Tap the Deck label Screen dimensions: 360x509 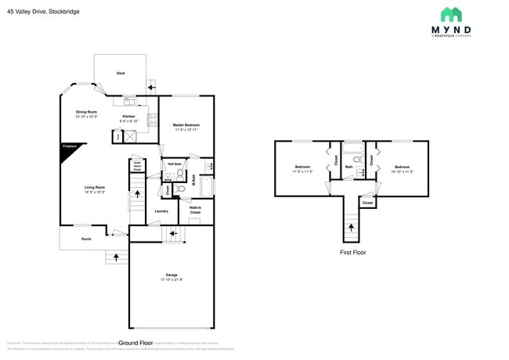tap(121, 74)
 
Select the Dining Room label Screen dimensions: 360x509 tap(86, 112)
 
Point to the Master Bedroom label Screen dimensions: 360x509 tap(186, 125)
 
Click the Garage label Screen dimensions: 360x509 tap(171, 275)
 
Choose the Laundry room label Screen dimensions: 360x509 tap(161, 211)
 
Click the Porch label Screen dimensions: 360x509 tap(86, 239)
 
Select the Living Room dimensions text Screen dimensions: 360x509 tap(95, 191)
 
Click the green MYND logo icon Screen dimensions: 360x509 tap(450, 15)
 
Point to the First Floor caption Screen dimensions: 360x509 tap(352, 253)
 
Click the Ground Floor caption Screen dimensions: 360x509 tap(135, 343)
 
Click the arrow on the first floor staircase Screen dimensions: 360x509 tap(351, 228)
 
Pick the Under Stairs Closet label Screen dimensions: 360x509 tap(137, 166)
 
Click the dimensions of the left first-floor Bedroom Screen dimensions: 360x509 tap(303, 171)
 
